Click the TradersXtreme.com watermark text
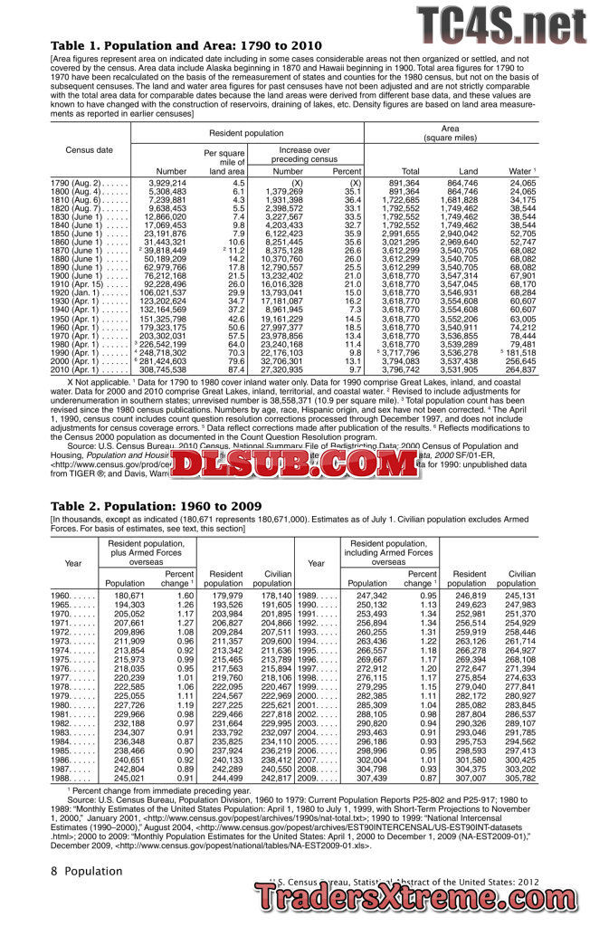click(x=422, y=897)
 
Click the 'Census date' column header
click(x=90, y=149)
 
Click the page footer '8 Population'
click(x=86, y=870)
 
